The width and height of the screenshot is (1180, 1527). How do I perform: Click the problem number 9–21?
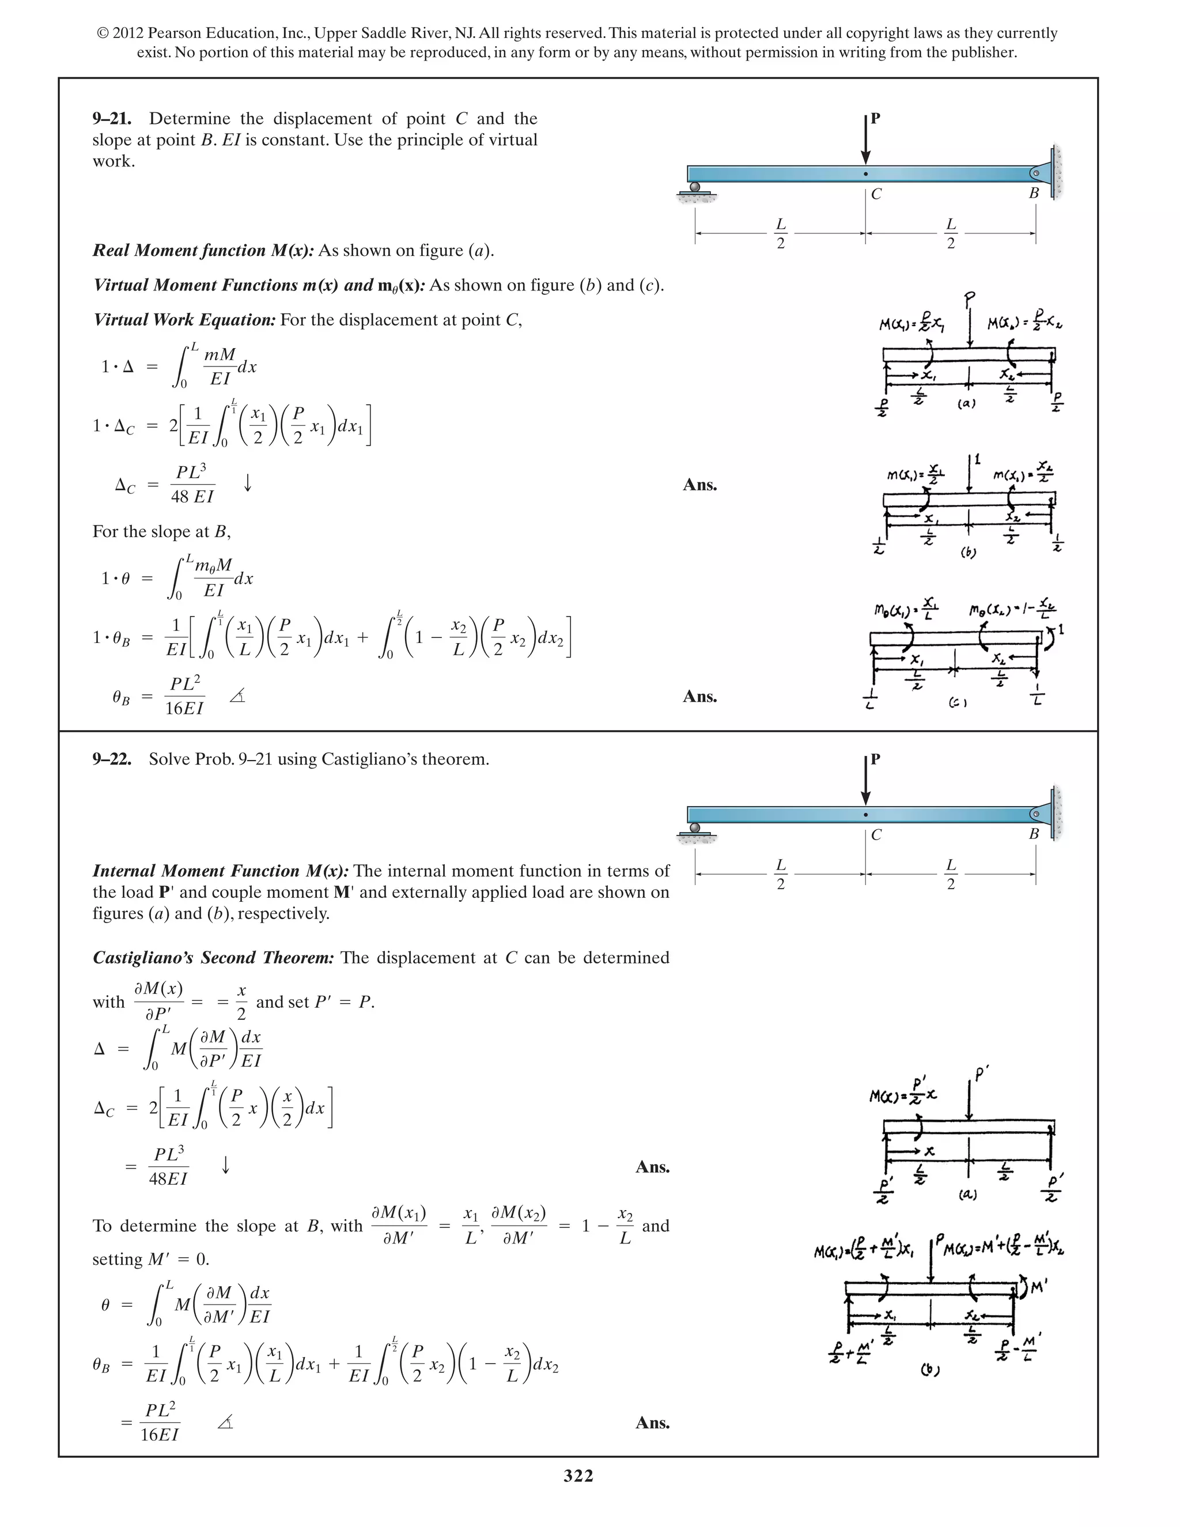point(112,119)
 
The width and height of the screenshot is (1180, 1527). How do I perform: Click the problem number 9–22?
point(112,759)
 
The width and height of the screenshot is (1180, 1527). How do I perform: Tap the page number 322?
point(578,1476)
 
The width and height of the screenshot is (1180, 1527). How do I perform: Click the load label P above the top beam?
point(875,118)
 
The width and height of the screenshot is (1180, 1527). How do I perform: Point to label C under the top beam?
point(876,194)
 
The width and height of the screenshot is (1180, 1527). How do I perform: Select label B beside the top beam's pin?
point(1034,193)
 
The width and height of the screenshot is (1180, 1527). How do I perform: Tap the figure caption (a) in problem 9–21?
point(966,403)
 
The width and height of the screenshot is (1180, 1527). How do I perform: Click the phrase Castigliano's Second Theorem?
point(213,958)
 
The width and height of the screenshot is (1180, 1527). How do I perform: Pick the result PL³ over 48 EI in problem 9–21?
point(191,482)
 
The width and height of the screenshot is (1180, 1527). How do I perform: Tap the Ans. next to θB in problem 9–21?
point(699,697)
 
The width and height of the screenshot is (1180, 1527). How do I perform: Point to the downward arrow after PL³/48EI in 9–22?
point(226,1165)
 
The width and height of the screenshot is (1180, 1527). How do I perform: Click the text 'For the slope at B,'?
point(161,531)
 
